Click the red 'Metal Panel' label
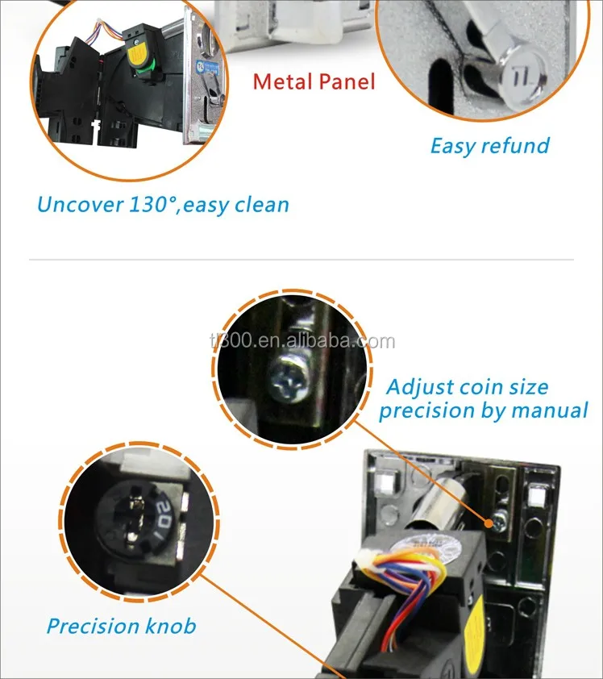(314, 81)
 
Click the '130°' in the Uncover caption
(153, 204)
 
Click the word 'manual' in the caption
(547, 410)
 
